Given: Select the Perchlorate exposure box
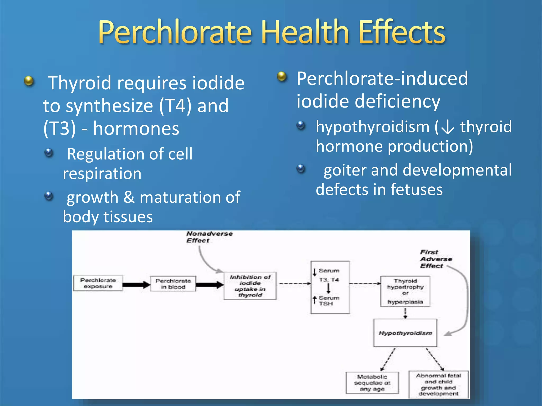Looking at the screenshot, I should [98, 283].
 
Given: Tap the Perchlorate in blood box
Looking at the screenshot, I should [173, 284].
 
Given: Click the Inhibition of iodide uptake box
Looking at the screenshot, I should [250, 286].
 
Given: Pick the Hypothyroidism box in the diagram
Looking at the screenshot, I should [405, 333].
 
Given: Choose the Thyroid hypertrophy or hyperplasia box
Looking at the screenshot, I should [405, 291].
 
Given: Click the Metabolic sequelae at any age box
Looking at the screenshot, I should [372, 382].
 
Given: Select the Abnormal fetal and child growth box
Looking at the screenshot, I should [438, 384].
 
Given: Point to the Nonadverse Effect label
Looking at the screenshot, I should [209, 237].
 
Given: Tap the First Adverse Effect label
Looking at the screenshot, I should [436, 259].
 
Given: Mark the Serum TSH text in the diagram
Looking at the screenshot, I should [328, 301].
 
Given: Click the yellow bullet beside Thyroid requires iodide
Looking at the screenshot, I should [29, 81].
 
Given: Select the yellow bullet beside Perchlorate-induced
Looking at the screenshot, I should [282, 77].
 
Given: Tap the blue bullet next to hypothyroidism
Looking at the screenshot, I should [301, 125].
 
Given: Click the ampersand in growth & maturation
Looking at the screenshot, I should [129, 197].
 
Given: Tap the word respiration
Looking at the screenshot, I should [102, 174].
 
